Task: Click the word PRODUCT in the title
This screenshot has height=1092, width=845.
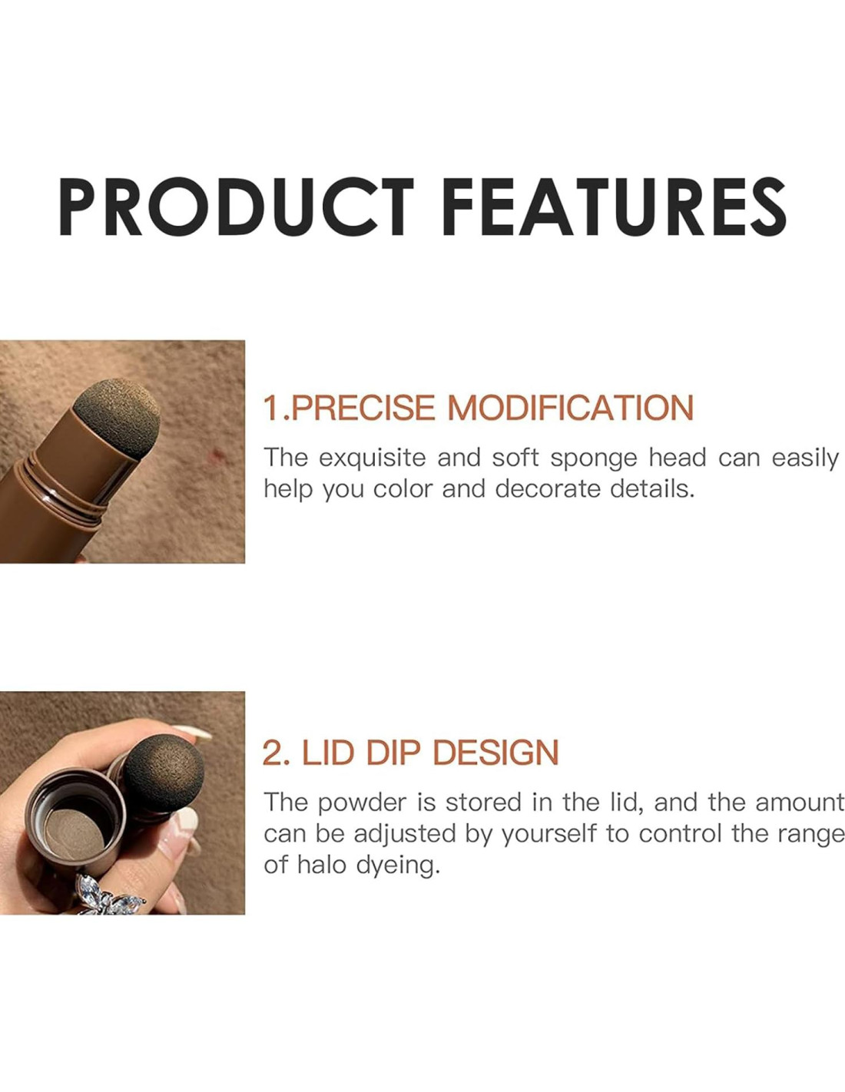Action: point(237,207)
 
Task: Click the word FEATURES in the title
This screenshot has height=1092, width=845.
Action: point(614,207)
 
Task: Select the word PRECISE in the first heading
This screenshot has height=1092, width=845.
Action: point(363,407)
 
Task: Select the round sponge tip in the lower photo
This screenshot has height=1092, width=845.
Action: point(164,771)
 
